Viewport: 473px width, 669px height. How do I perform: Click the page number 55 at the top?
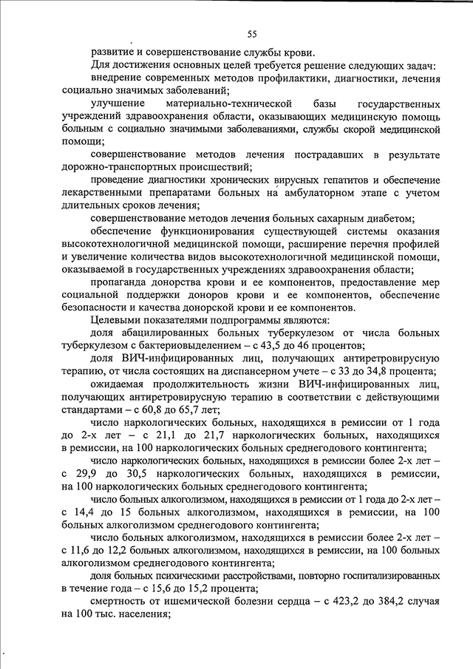(251, 34)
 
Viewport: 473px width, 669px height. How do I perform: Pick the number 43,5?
(270, 346)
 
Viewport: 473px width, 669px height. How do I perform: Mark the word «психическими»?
(195, 576)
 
